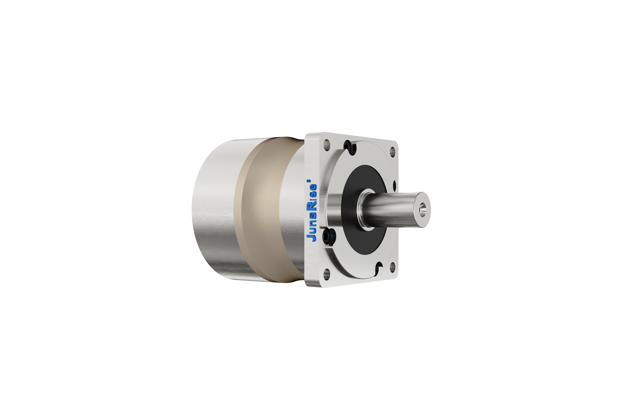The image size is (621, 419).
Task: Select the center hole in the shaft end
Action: [423, 209]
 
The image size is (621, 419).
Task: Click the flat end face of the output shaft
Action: [422, 209]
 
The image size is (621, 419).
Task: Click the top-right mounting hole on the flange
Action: [392, 151]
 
